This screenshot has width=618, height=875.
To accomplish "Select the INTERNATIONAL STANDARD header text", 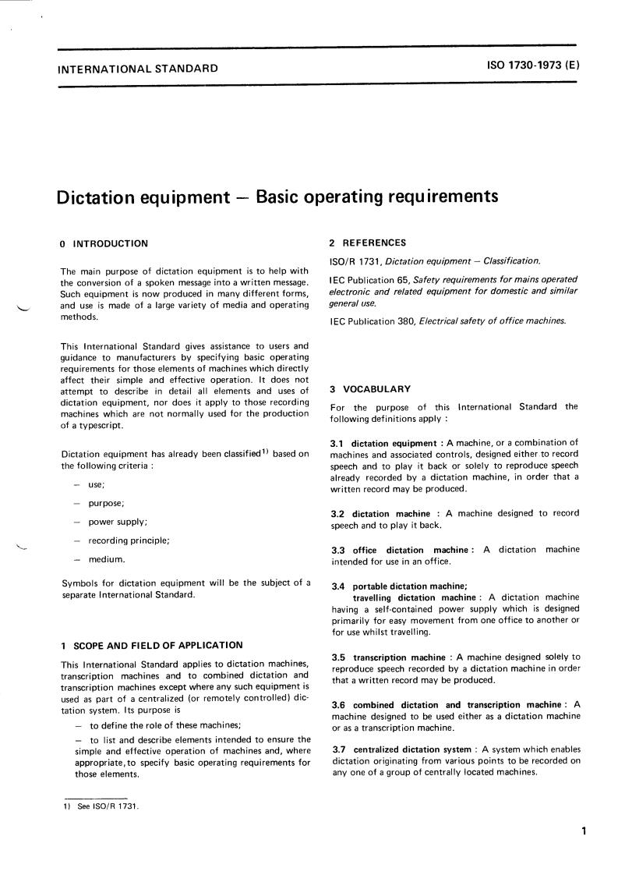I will click(138, 69).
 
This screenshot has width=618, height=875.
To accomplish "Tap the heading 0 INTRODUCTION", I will click(104, 244).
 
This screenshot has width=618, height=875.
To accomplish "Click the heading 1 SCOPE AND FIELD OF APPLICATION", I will click(151, 645).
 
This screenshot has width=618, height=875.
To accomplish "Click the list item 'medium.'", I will click(107, 559).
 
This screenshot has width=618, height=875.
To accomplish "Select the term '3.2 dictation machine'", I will click(380, 514).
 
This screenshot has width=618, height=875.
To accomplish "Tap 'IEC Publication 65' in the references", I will click(371, 279).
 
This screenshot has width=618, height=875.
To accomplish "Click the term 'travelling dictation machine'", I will click(414, 597).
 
